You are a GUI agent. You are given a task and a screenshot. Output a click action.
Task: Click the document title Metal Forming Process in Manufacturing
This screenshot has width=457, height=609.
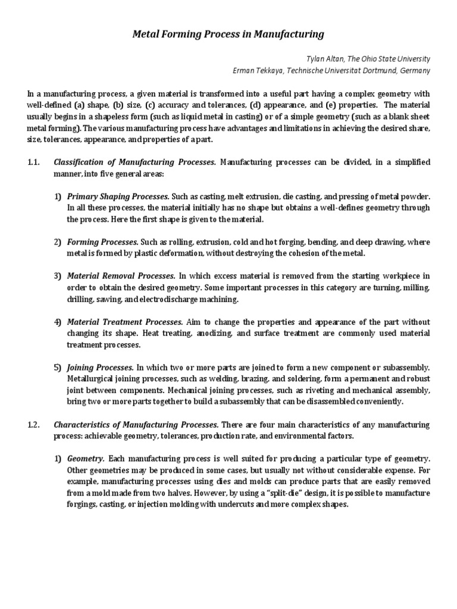coord(228,34)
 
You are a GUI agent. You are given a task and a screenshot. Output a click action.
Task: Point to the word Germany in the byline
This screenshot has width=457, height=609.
coord(414,71)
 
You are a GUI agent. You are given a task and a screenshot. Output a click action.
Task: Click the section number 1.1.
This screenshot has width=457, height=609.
coord(33,162)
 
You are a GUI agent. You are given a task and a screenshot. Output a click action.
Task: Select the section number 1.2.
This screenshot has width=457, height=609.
coord(33,425)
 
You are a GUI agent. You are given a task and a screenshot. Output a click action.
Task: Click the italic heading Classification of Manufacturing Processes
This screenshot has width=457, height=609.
coord(135,162)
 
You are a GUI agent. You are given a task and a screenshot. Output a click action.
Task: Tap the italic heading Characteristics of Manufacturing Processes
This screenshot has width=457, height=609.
coord(136,425)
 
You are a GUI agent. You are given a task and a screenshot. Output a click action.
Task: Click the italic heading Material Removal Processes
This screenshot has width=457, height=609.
coord(121,276)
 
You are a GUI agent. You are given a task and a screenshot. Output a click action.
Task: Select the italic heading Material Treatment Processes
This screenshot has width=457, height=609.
coord(125,322)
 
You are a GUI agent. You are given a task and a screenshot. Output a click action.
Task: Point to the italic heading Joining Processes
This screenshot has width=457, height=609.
coord(101,368)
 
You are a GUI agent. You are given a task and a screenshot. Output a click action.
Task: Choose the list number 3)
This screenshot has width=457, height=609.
coord(58,276)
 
